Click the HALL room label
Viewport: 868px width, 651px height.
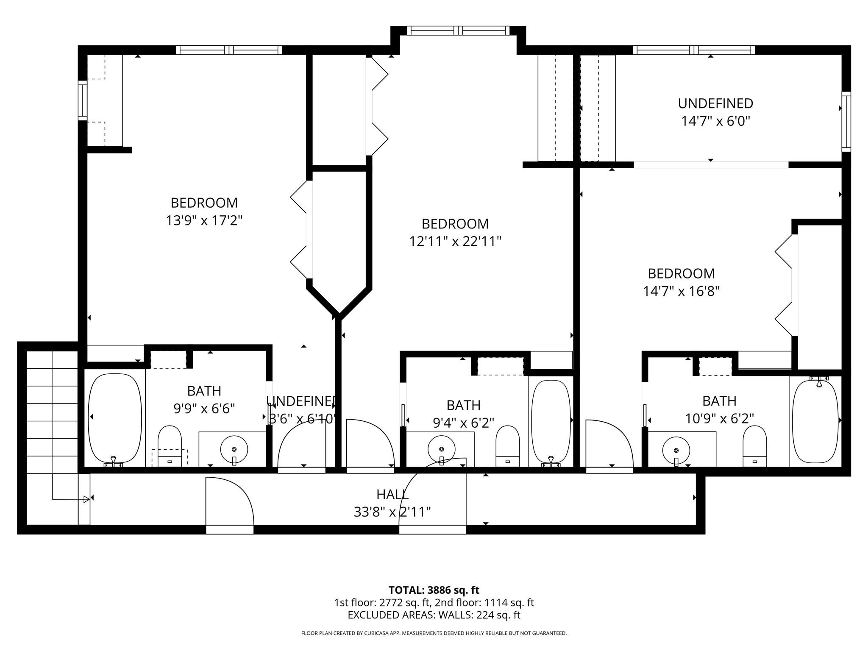[392, 494]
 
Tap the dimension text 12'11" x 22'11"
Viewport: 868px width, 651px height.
[455, 242]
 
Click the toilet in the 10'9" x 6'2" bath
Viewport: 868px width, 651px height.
[754, 446]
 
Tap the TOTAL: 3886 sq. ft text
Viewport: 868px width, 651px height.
[434, 590]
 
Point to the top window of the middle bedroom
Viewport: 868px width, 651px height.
[458, 31]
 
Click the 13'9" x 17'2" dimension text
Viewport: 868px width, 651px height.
[204, 221]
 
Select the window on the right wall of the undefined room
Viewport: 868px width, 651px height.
[846, 122]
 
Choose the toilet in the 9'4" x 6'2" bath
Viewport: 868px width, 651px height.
[507, 446]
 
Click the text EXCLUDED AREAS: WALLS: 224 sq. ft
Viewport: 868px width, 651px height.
[434, 615]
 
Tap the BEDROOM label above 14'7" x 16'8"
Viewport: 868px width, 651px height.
[681, 273]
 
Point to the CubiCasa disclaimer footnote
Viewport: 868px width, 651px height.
[434, 633]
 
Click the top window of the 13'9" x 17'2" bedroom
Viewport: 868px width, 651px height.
[229, 50]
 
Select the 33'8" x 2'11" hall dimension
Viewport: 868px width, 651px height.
[392, 512]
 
